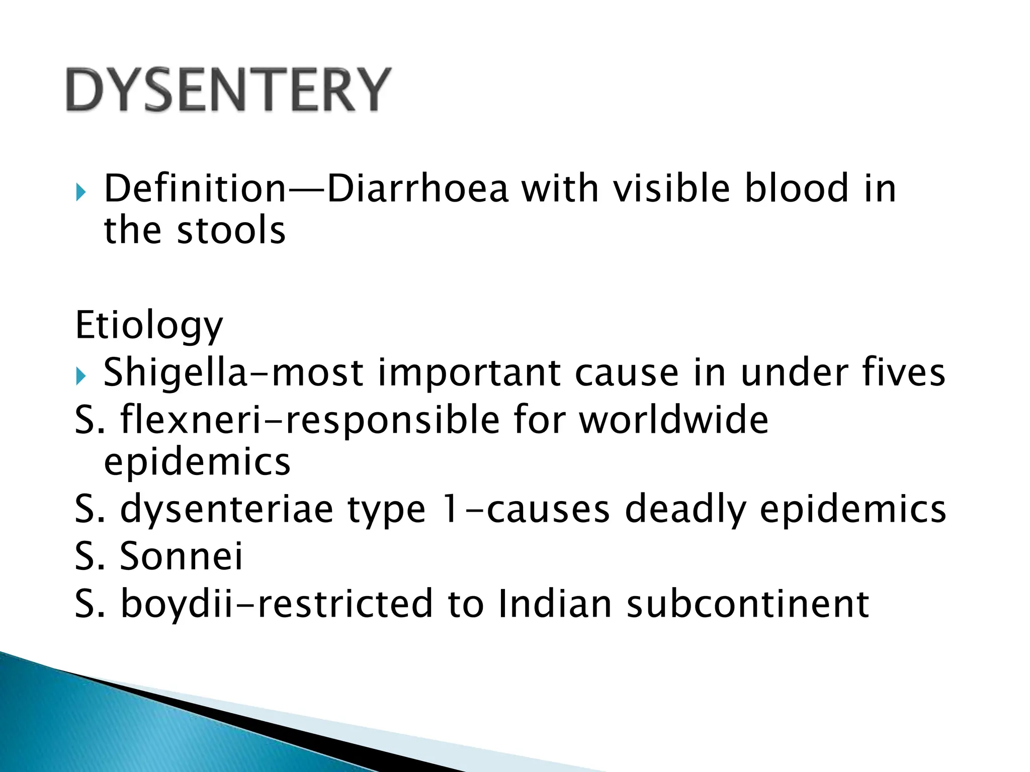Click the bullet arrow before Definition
point(81,192)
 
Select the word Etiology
point(149,326)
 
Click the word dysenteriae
point(227,509)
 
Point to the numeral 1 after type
point(452,509)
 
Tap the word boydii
point(178,603)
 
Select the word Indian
point(555,603)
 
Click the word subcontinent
point(748,603)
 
